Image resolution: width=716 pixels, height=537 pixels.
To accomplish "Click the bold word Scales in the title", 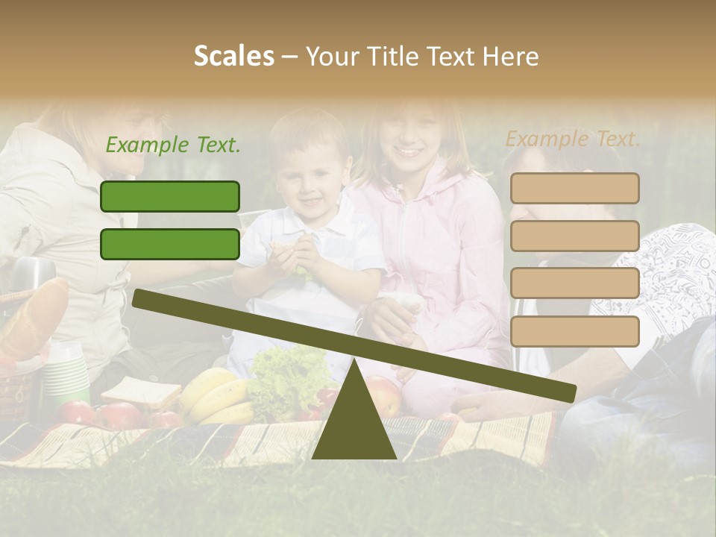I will point(233,56).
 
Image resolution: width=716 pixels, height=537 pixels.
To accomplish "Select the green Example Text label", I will point(173,145).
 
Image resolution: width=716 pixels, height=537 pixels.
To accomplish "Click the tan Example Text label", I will point(573,139).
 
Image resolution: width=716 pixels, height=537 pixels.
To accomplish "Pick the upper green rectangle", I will point(170,196).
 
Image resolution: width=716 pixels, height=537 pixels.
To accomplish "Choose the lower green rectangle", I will point(170,244).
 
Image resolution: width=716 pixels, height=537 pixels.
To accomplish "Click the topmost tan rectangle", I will point(574,189).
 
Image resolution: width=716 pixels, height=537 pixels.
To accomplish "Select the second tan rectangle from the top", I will point(574,236).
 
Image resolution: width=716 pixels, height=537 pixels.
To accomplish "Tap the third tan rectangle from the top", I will point(574,283).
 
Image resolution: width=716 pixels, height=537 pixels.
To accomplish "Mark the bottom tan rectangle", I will point(574,331).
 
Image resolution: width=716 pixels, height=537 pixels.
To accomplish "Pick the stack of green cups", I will point(66,373).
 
